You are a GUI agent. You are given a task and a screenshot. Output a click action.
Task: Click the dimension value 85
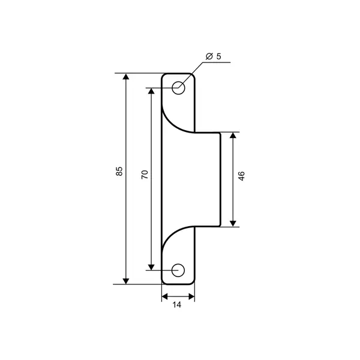coord(119,171)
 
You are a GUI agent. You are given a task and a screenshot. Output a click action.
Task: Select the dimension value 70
coord(145,175)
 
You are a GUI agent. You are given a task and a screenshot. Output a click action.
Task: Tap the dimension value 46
coord(242,176)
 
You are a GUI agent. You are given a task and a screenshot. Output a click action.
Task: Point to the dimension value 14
coord(177,305)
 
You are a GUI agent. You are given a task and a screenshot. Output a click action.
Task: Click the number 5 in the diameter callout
coord(218,56)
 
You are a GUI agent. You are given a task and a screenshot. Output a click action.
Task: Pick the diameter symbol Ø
coord(209,56)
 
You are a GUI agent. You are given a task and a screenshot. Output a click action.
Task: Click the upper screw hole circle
coord(178,88)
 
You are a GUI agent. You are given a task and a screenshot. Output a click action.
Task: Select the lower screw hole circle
coord(178,270)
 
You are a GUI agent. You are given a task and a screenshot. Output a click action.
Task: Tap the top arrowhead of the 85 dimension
coord(126,76)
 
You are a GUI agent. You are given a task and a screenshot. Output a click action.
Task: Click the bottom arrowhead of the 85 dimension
coord(126,281)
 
